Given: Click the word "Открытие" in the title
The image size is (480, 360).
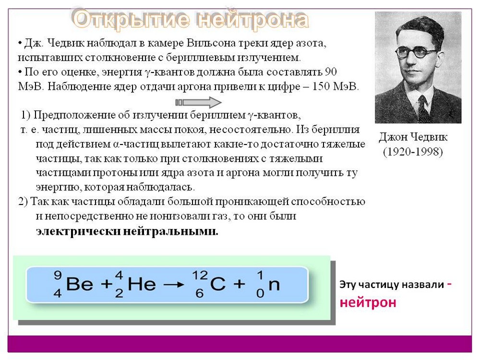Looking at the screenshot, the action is click(x=131, y=19).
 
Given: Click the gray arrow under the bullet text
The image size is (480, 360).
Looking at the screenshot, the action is click(x=198, y=102).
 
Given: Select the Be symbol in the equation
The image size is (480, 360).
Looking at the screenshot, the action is click(x=80, y=284).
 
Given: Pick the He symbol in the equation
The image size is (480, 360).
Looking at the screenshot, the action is click(x=142, y=284).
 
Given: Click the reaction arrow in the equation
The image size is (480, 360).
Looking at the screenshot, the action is click(x=174, y=285).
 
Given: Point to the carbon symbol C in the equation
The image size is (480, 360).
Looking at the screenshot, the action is click(x=218, y=284).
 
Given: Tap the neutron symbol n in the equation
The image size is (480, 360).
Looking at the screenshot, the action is click(x=274, y=285).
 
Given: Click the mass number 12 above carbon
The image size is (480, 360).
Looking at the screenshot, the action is click(x=200, y=275).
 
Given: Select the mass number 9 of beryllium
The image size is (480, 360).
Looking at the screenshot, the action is click(x=58, y=275).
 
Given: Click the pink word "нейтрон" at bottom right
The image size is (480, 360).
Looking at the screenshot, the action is click(x=368, y=302).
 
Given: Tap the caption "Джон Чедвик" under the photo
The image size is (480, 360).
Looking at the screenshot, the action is click(x=413, y=137).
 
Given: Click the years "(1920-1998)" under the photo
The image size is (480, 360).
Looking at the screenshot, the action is click(x=413, y=152).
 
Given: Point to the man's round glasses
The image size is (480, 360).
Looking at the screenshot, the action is click(x=416, y=53).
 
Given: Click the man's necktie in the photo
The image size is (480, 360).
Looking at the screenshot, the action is click(x=424, y=108).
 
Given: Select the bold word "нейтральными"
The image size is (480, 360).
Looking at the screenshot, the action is click(x=171, y=231).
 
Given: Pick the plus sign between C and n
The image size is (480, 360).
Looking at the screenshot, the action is click(x=240, y=284).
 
